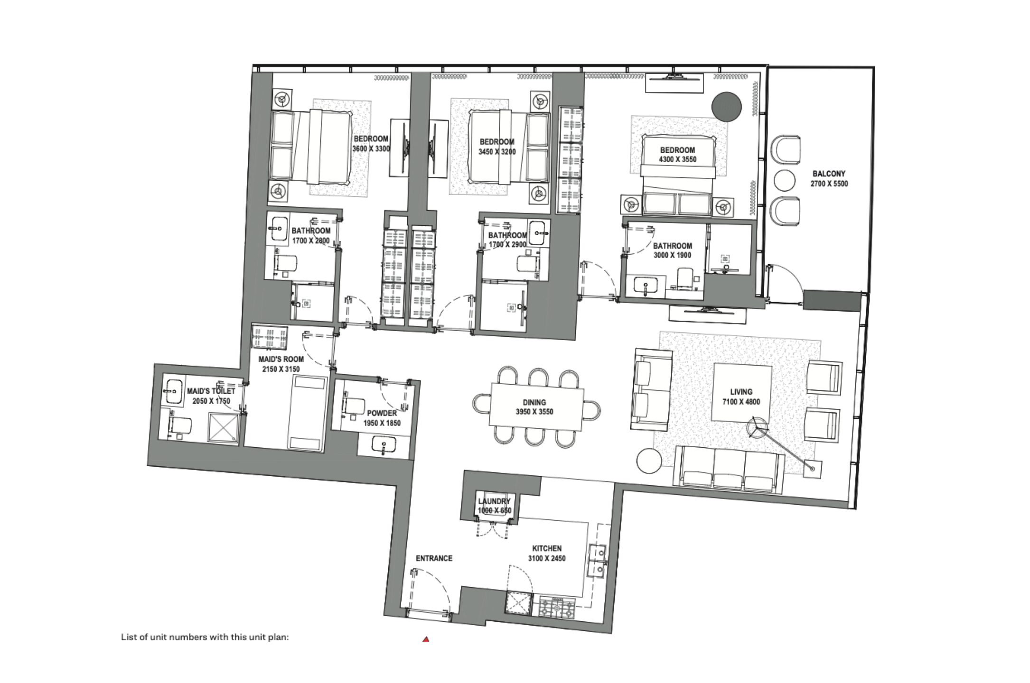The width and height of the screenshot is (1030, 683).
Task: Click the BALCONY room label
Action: click(x=829, y=174)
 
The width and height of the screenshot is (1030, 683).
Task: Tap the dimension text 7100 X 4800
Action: click(x=741, y=402)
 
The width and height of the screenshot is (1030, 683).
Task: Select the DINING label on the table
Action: click(x=534, y=402)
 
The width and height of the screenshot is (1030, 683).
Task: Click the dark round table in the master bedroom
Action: click(x=727, y=107)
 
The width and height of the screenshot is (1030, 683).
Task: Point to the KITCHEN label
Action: click(x=547, y=548)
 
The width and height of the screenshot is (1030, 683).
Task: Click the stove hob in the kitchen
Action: click(x=556, y=608)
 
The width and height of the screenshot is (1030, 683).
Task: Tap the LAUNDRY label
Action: click(x=494, y=501)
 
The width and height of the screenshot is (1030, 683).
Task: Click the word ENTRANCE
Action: click(x=434, y=558)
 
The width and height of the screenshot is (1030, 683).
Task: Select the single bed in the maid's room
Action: click(x=307, y=413)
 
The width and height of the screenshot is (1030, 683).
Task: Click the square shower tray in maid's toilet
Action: click(x=223, y=428)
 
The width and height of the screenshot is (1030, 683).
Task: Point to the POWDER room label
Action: click(x=382, y=413)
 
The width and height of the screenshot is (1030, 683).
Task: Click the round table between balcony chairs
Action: click(x=784, y=180)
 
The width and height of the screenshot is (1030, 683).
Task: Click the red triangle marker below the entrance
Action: click(x=426, y=639)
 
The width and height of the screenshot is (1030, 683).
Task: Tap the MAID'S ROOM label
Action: click(x=281, y=359)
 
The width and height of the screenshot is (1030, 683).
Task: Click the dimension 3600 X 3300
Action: click(x=371, y=149)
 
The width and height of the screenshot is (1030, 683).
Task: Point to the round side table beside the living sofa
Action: click(x=649, y=461)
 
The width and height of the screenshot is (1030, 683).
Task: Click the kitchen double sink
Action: click(x=597, y=560)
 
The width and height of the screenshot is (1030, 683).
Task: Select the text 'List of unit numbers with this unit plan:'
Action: click(x=205, y=637)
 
